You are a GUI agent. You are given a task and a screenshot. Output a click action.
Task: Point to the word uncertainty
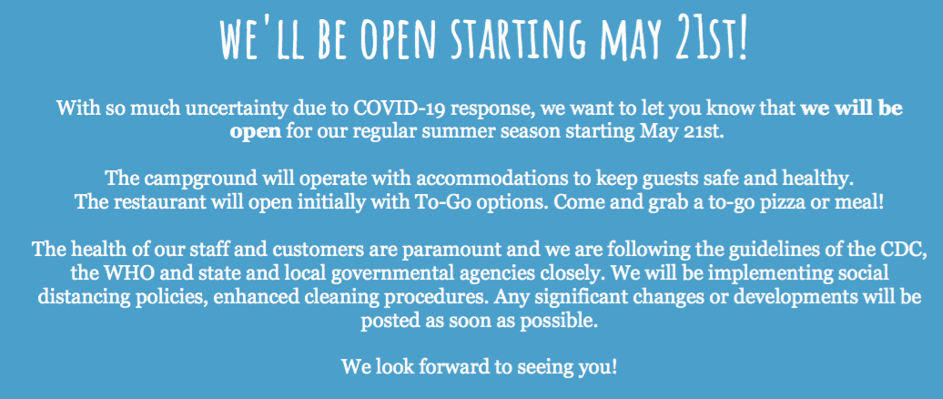pos(216,109)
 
